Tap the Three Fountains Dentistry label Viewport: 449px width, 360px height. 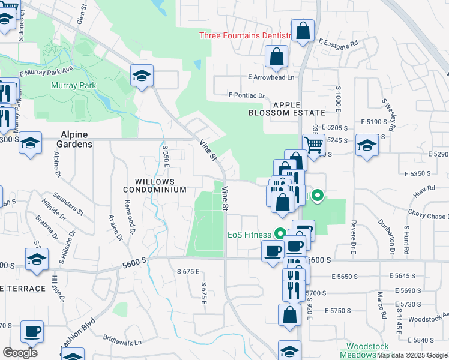[245, 35]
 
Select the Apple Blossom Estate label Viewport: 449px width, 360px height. [291, 109]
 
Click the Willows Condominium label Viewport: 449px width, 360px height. [155, 185]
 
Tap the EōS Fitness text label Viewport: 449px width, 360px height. [249, 235]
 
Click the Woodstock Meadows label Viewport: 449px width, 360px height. [368, 351]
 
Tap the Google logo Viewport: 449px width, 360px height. [20, 352]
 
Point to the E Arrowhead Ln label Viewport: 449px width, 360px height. [271, 77]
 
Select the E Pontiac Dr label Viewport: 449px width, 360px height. [247, 95]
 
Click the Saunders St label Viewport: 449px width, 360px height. [67, 203]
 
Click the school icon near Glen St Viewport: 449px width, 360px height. [142, 76]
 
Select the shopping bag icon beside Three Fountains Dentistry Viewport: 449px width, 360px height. [303, 32]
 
